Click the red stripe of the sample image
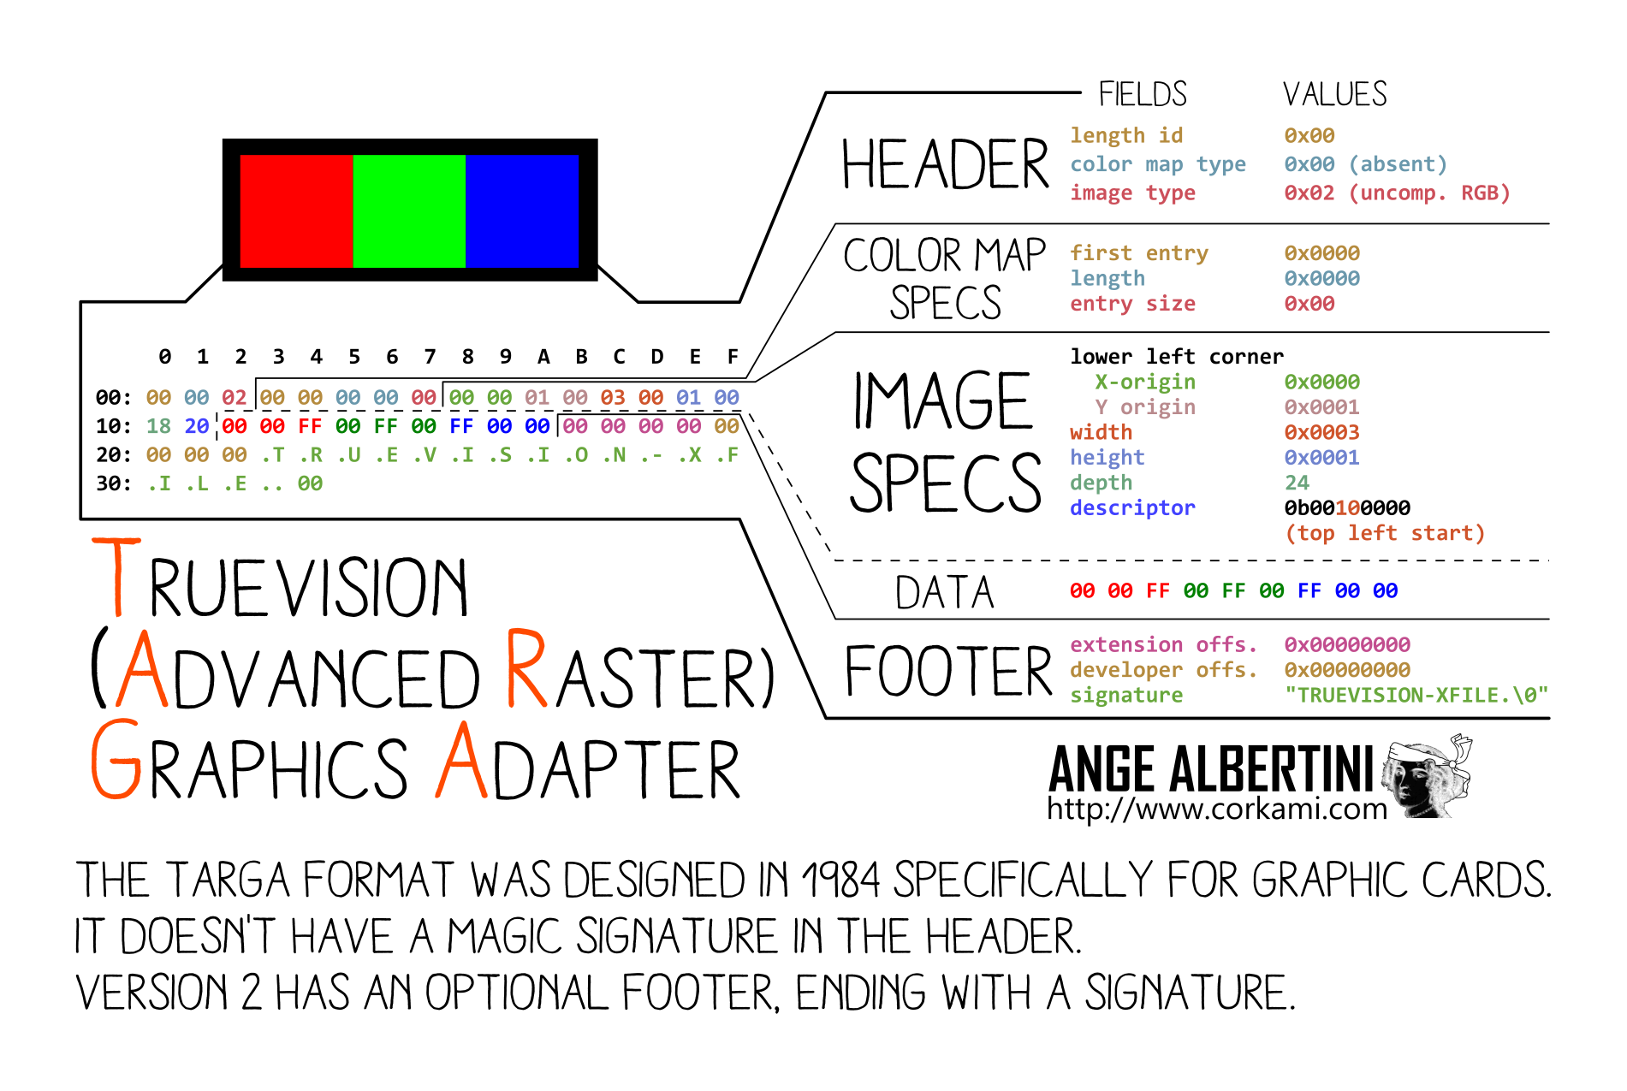click(296, 210)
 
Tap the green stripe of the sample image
click(409, 210)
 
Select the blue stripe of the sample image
click(522, 210)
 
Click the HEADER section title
click(945, 164)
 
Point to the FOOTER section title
click(948, 672)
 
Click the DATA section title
click(945, 592)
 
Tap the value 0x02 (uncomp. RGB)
click(1397, 193)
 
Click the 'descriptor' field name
click(1132, 508)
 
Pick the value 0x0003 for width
click(1321, 433)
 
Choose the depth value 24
click(1297, 483)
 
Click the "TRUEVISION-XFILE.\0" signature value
click(1416, 696)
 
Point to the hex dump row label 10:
click(114, 427)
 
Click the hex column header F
click(733, 357)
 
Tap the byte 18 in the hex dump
click(158, 427)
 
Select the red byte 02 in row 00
click(234, 398)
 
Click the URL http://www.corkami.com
click(1216, 809)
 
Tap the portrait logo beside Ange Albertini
click(1428, 775)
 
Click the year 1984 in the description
click(840, 881)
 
